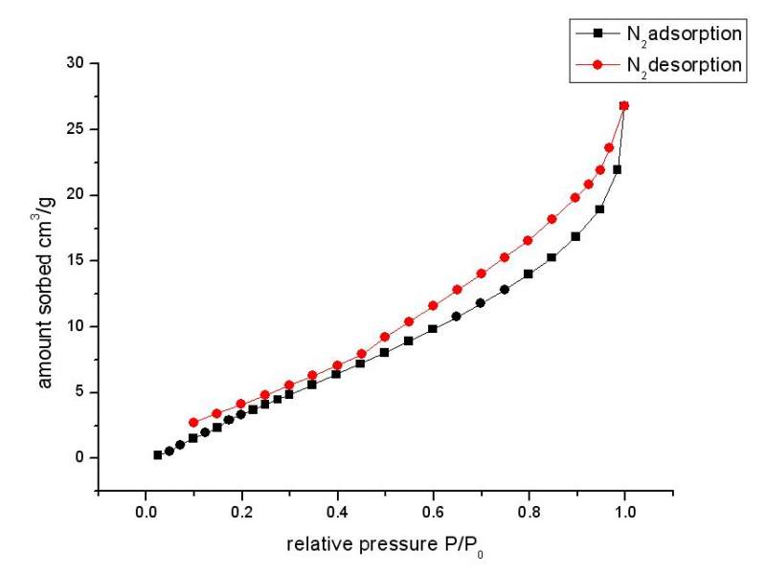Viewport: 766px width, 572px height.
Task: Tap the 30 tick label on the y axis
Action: (75, 63)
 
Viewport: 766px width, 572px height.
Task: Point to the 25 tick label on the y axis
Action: (75, 129)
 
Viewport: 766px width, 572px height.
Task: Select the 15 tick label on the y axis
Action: (75, 260)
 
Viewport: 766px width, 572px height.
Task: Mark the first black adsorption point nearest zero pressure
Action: (158, 455)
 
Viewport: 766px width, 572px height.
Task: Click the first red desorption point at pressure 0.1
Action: (193, 422)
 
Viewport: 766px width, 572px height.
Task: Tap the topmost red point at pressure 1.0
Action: (624, 105)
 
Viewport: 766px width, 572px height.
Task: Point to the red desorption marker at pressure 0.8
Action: (528, 240)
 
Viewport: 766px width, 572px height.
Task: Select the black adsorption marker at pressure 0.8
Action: (529, 274)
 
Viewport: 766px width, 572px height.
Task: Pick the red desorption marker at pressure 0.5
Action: (385, 337)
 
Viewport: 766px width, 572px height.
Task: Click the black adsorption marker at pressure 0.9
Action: (575, 236)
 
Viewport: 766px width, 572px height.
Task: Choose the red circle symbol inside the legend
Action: (597, 65)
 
